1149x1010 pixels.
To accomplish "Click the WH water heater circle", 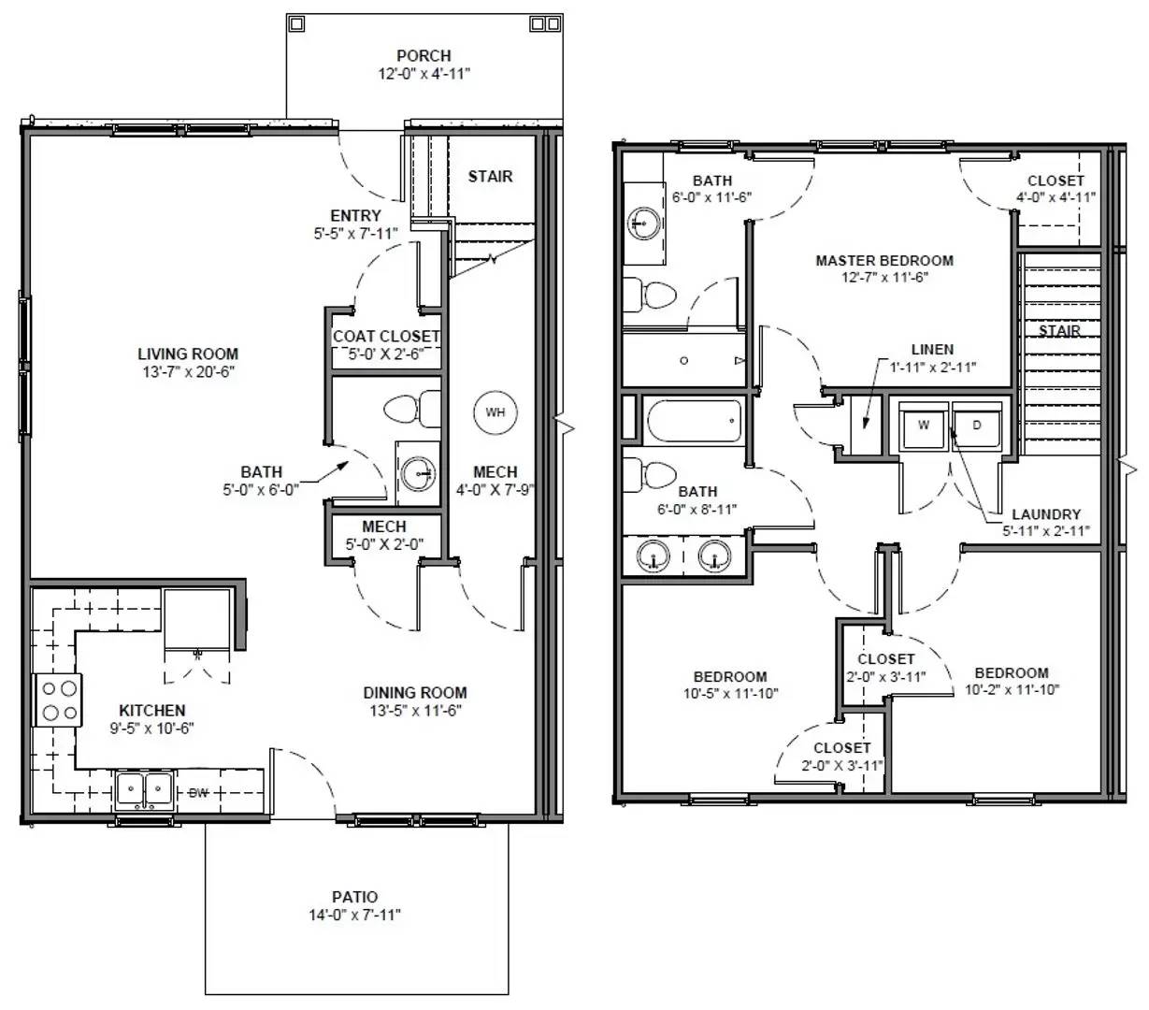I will (x=495, y=411).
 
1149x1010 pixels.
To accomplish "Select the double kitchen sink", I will (x=144, y=791).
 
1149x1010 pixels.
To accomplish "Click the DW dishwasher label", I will (x=198, y=793).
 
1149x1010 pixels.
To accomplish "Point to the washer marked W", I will (x=923, y=426).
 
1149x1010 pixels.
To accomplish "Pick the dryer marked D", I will (x=977, y=426).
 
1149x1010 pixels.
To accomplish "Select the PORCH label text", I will (x=423, y=56).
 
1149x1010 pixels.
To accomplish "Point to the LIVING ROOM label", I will (x=188, y=353).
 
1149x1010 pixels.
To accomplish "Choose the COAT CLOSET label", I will (x=386, y=336).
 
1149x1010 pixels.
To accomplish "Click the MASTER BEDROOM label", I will (x=883, y=261).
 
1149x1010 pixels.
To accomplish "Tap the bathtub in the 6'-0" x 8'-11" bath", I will (x=694, y=421).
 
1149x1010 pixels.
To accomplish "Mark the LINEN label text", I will (x=931, y=350).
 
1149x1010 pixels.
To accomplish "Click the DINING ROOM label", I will (x=414, y=693).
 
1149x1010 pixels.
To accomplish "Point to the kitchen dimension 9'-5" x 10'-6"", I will (x=151, y=728).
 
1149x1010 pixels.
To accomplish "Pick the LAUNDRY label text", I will (x=1045, y=514).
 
